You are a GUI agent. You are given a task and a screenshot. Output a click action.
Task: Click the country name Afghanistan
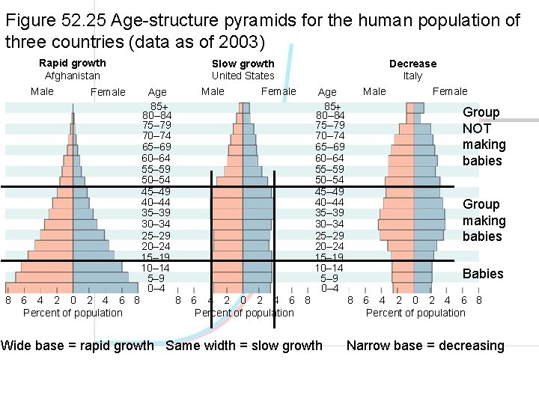click(x=73, y=76)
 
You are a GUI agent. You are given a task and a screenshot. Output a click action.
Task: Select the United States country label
click(x=243, y=76)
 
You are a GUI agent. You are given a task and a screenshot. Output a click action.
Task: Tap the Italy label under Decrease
click(x=412, y=76)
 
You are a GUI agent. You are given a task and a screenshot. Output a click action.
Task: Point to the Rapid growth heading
click(x=73, y=63)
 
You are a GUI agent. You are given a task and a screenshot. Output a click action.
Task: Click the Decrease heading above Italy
click(x=412, y=64)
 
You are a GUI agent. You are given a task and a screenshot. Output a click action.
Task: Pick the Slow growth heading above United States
click(x=243, y=64)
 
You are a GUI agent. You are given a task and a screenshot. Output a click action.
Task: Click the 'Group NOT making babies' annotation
click(x=484, y=136)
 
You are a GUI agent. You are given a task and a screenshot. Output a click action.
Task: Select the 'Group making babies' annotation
click(x=484, y=220)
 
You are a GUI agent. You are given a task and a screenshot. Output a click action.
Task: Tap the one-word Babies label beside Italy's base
click(x=483, y=274)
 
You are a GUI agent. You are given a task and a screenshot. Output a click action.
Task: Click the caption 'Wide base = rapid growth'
click(x=77, y=346)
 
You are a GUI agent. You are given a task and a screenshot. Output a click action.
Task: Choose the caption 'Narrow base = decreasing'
click(x=425, y=346)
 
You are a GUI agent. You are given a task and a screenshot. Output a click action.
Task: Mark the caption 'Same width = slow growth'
click(x=244, y=346)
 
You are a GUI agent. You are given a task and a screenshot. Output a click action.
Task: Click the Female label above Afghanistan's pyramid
click(x=108, y=92)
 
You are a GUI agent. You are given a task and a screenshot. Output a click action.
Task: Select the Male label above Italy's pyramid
click(x=374, y=91)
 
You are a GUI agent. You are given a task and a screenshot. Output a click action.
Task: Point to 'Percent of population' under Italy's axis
click(x=415, y=313)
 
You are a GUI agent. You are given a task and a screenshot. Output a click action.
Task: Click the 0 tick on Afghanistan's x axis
click(x=73, y=301)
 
